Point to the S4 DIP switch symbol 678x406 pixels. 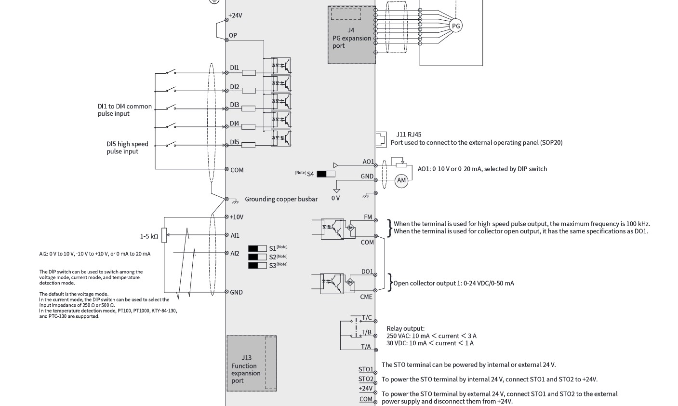(326, 174)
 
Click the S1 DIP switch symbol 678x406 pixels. (257, 249)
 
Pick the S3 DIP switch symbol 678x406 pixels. (257, 266)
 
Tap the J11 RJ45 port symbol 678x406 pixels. (381, 140)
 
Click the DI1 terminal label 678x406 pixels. (235, 68)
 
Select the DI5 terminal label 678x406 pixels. (235, 142)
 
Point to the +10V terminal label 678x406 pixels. (237, 217)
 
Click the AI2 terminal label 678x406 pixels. (235, 253)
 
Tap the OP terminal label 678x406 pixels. (233, 36)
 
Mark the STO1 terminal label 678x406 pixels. (366, 369)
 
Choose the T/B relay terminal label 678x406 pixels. (366, 332)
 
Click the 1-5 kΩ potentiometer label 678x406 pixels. (149, 236)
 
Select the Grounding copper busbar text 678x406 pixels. (281, 199)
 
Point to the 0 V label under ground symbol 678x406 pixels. (335, 198)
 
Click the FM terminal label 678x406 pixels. (368, 217)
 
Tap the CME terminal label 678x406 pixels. (366, 297)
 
